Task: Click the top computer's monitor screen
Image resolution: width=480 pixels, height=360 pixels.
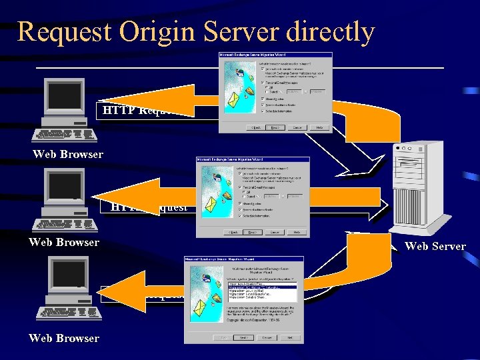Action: pos(64,96)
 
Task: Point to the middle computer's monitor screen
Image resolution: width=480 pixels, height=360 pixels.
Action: pos(64,185)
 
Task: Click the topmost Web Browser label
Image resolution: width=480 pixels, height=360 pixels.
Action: pos(68,155)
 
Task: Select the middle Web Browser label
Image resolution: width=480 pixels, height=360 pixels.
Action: pos(64,242)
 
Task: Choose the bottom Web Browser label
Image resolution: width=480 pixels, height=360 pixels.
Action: pos(64,338)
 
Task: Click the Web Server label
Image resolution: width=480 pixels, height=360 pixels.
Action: pos(435,247)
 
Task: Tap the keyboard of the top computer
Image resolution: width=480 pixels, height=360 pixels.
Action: pos(65,134)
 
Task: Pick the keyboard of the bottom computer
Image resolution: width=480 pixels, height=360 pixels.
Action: pos(66,311)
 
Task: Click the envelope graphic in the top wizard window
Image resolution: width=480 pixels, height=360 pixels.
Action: pos(235,100)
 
